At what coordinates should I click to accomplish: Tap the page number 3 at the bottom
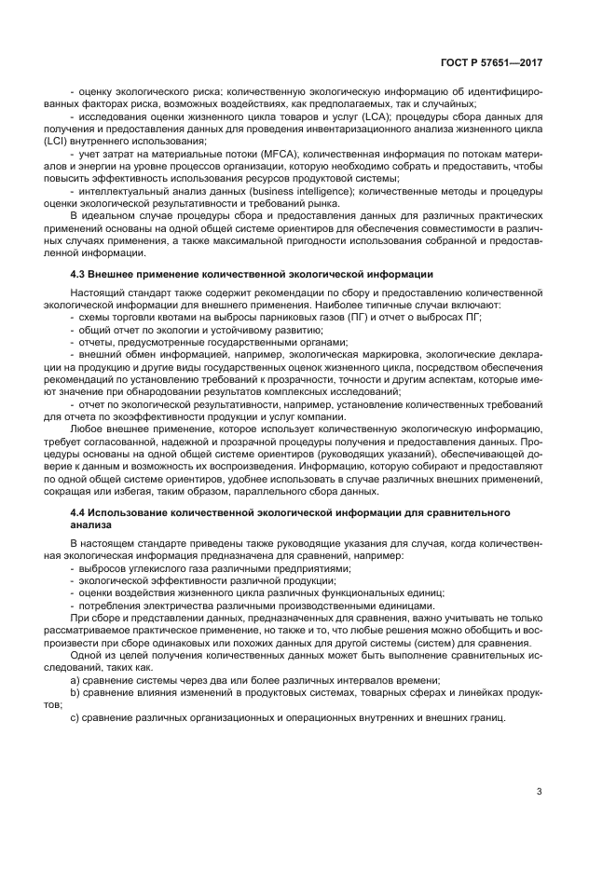point(540,792)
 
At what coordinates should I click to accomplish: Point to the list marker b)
point(75,693)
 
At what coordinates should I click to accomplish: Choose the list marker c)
point(75,717)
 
